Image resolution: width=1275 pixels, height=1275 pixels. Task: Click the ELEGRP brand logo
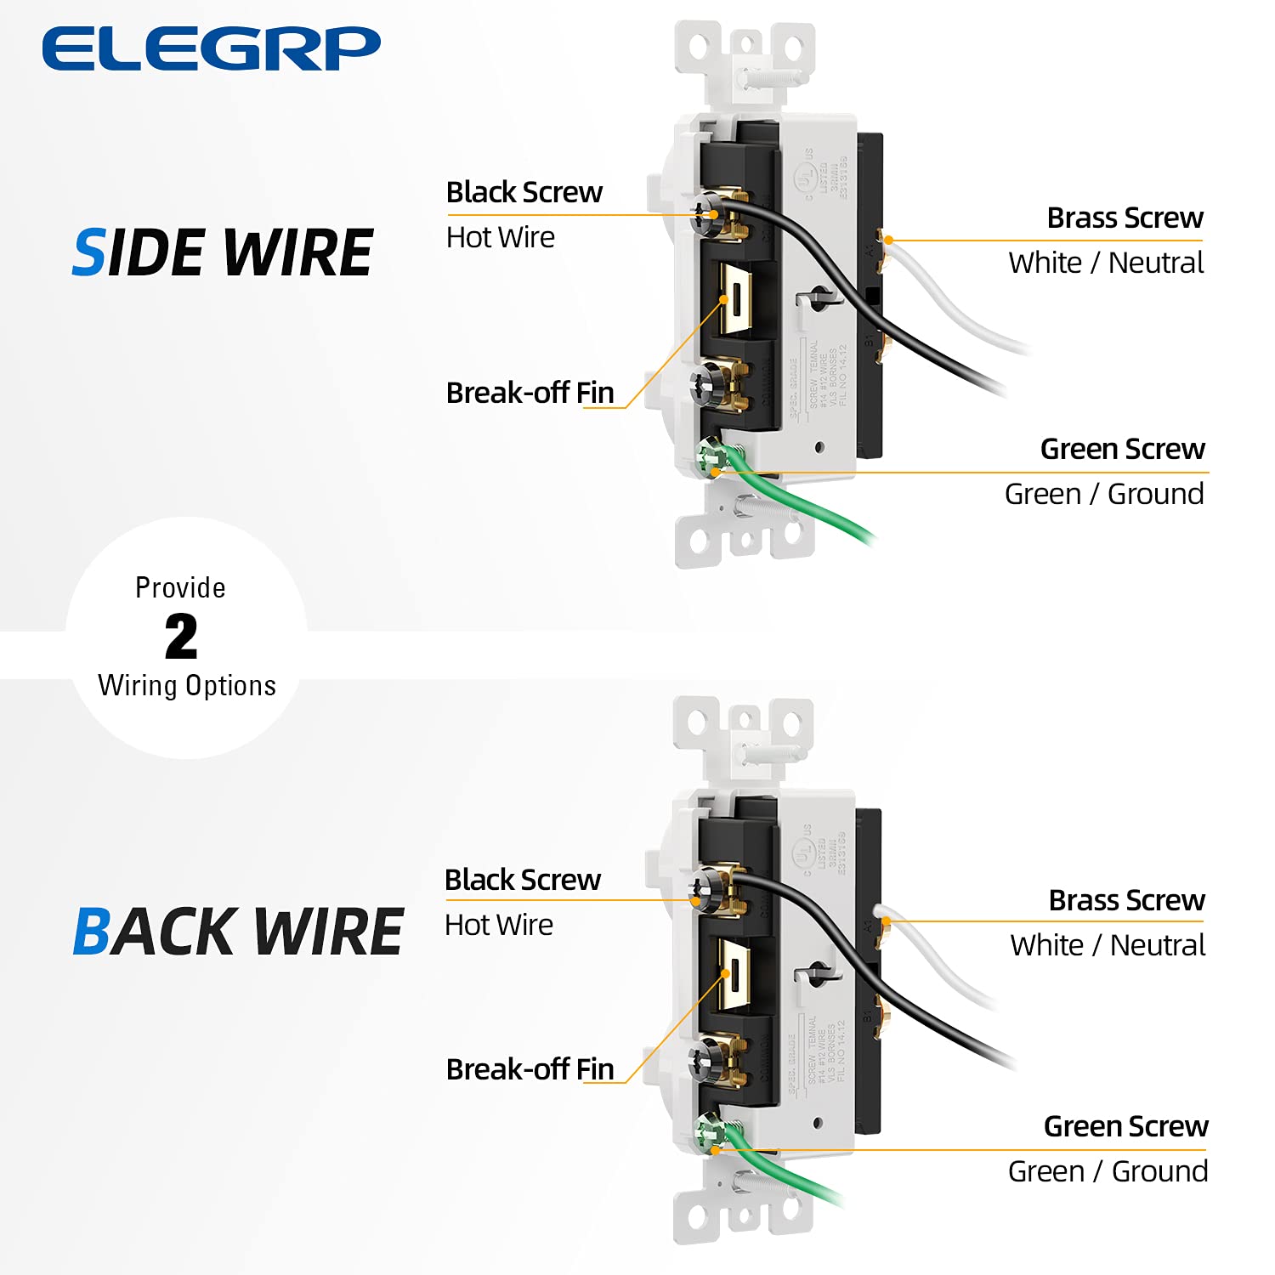click(211, 48)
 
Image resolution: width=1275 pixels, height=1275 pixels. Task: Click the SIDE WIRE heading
click(223, 253)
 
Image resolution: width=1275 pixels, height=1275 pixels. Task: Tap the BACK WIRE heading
click(237, 932)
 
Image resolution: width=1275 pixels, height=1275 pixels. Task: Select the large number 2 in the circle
click(181, 637)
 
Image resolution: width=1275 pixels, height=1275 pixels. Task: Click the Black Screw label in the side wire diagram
click(524, 192)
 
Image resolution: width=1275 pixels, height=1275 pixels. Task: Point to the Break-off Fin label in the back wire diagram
click(530, 1068)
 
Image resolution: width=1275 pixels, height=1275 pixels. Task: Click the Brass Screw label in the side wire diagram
click(1125, 218)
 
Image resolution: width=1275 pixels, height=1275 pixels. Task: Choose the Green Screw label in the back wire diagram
click(1125, 1125)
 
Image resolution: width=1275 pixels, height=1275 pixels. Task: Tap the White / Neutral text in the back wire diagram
click(1108, 945)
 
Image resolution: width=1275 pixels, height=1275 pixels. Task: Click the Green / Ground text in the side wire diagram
click(1103, 494)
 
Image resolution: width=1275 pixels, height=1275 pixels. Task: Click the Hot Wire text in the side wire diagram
click(500, 237)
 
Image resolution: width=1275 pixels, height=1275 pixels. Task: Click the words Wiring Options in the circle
click(187, 686)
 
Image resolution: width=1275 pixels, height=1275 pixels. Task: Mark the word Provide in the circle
click(180, 587)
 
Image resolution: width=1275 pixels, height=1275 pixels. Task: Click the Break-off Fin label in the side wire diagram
click(530, 393)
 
